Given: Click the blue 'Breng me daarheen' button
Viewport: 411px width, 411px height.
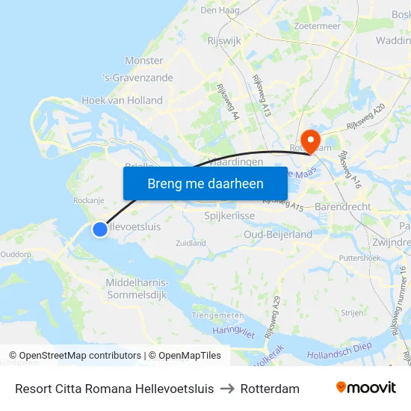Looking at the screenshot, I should click(x=205, y=183).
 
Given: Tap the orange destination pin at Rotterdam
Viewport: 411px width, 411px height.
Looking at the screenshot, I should click(x=308, y=139).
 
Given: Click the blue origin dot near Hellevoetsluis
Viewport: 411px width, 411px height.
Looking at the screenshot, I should click(x=100, y=229).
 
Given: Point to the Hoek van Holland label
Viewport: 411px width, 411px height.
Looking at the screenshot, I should click(x=122, y=100).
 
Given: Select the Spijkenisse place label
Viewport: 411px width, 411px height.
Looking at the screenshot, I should click(x=229, y=215).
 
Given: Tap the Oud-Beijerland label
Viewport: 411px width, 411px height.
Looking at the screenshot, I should click(x=278, y=234).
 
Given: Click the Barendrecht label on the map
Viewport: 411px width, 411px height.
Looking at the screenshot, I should click(x=343, y=206).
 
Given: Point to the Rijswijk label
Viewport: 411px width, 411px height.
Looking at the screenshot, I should click(x=224, y=41).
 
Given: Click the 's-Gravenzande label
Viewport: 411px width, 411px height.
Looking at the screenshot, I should click(x=137, y=78).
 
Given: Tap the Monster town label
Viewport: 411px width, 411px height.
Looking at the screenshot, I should click(x=143, y=61).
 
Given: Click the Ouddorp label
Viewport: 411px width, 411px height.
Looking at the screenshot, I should click(x=16, y=254).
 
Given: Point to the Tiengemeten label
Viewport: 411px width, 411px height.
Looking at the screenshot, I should click(x=218, y=315).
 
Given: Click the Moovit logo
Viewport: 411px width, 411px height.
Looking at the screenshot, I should click(x=366, y=388).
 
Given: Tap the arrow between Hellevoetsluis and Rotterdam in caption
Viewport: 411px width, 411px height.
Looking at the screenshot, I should click(x=227, y=389).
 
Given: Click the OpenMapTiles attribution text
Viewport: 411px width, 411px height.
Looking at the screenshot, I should click(x=185, y=356).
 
